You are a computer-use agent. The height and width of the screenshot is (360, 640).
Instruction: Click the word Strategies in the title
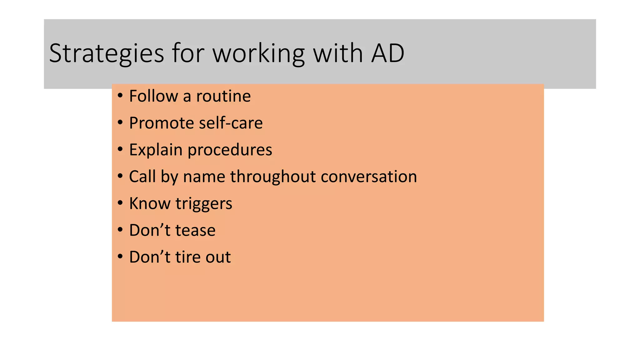(106, 53)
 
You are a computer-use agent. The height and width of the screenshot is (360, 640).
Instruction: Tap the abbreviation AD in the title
(387, 53)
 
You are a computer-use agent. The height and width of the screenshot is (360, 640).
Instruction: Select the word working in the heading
(259, 53)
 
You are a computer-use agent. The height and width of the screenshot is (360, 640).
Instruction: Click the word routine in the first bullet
(223, 96)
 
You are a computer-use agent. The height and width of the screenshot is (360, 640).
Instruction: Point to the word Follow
(153, 96)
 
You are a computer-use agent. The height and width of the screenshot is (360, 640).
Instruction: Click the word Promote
(162, 123)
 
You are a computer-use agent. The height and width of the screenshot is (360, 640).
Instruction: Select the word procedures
(230, 150)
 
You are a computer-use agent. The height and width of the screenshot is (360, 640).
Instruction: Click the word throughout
(273, 177)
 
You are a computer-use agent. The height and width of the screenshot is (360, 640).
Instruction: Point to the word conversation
(369, 177)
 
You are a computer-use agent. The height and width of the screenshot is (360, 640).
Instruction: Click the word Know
(150, 203)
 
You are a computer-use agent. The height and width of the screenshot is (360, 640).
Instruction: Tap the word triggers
(204, 203)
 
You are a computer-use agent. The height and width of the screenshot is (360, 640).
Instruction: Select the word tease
(195, 230)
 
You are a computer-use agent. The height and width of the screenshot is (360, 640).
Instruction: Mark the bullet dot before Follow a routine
(120, 96)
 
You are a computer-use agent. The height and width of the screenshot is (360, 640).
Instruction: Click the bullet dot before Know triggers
(120, 203)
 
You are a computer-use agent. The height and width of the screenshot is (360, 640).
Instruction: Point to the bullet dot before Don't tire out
(120, 257)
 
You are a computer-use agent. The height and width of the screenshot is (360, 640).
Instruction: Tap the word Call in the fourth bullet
(142, 177)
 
